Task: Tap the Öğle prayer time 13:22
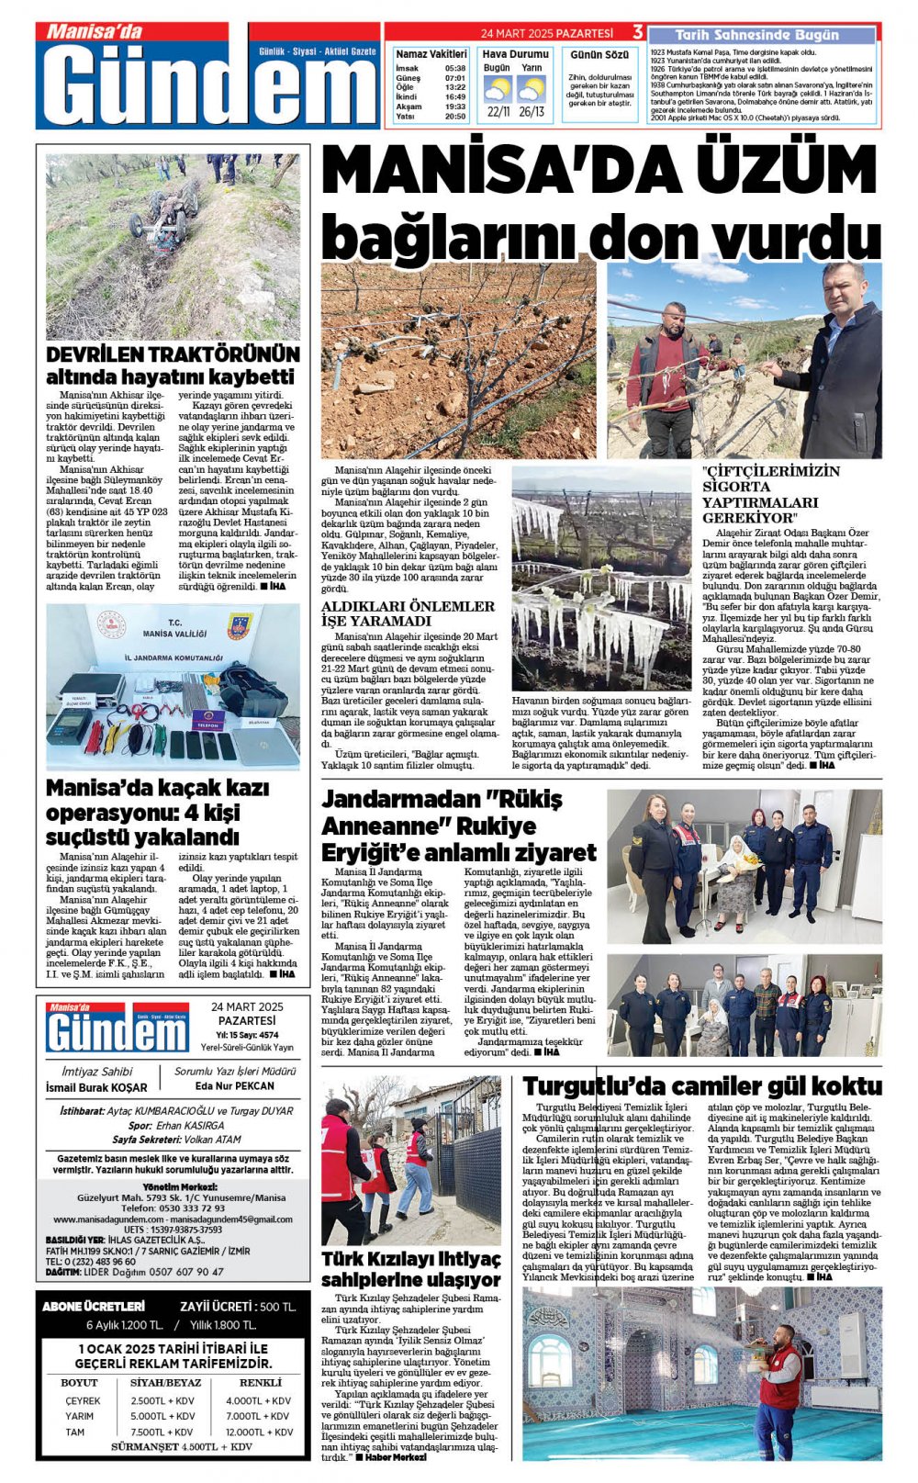pyautogui.click(x=455, y=87)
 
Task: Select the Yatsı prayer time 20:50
pyautogui.click(x=455, y=117)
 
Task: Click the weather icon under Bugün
pyautogui.click(x=498, y=89)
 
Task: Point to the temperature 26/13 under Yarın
pyautogui.click(x=532, y=112)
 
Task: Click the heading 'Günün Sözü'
pyautogui.click(x=599, y=55)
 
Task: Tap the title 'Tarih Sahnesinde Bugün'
pyautogui.click(x=756, y=35)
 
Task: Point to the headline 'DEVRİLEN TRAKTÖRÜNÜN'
pyautogui.click(x=173, y=354)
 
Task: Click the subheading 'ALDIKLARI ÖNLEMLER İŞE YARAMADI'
pyautogui.click(x=408, y=613)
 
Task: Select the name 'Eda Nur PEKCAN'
pyautogui.click(x=235, y=1085)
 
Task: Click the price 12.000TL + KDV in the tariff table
pyautogui.click(x=260, y=1432)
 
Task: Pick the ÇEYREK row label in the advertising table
pyautogui.click(x=83, y=1400)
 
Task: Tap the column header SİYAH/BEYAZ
pyautogui.click(x=165, y=1382)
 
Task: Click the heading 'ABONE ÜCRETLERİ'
pyautogui.click(x=94, y=1306)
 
